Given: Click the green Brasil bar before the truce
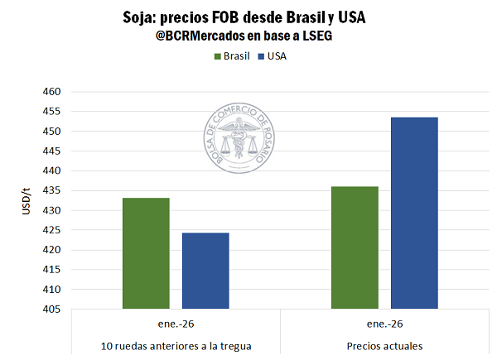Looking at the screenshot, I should tap(146, 253).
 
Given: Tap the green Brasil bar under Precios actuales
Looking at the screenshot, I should tap(355, 247).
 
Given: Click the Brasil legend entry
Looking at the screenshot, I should tap(231, 56).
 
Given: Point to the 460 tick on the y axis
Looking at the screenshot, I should tap(51, 92).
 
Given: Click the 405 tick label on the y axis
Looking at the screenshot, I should tap(51, 310).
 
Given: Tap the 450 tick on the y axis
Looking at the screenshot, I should tap(51, 132).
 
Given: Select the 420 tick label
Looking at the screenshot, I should tap(51, 250).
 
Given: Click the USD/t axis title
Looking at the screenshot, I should tap(27, 201).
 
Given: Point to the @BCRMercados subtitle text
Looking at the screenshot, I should tap(245, 37).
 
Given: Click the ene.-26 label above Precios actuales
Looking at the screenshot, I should tap(384, 324).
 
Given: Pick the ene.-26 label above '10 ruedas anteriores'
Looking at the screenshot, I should tap(175, 324).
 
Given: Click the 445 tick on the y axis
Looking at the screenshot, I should tap(51, 151).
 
